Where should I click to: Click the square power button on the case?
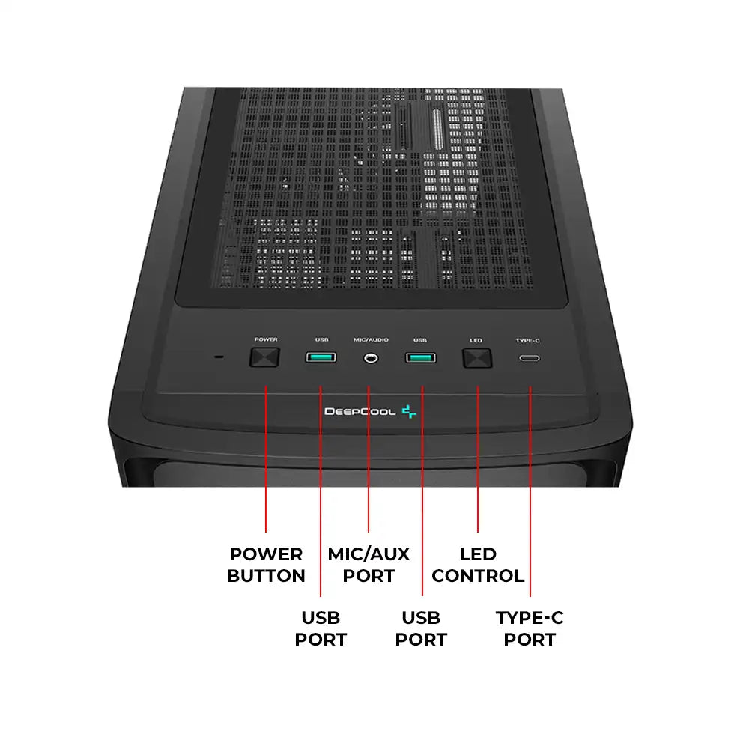click(x=264, y=357)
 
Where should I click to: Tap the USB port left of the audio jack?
click(x=321, y=357)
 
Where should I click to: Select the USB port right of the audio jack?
click(x=421, y=357)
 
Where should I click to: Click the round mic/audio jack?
click(x=371, y=358)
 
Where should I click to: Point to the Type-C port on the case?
click(x=530, y=358)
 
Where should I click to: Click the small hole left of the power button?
click(x=219, y=357)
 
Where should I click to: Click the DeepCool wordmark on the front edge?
click(x=360, y=411)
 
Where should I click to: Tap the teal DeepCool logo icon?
click(x=409, y=411)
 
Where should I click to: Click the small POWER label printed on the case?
click(x=266, y=339)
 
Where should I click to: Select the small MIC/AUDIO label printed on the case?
click(x=371, y=339)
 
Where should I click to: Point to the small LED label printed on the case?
click(x=476, y=340)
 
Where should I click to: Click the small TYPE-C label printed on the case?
click(x=528, y=340)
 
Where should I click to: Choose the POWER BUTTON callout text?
click(x=266, y=565)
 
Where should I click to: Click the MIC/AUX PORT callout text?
click(x=369, y=565)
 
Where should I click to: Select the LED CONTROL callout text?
click(x=478, y=565)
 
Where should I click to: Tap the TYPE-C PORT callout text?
click(x=530, y=628)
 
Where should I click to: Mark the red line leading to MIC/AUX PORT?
click(x=369, y=459)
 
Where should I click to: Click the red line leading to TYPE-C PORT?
click(x=530, y=491)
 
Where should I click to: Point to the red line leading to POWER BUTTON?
click(x=266, y=459)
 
